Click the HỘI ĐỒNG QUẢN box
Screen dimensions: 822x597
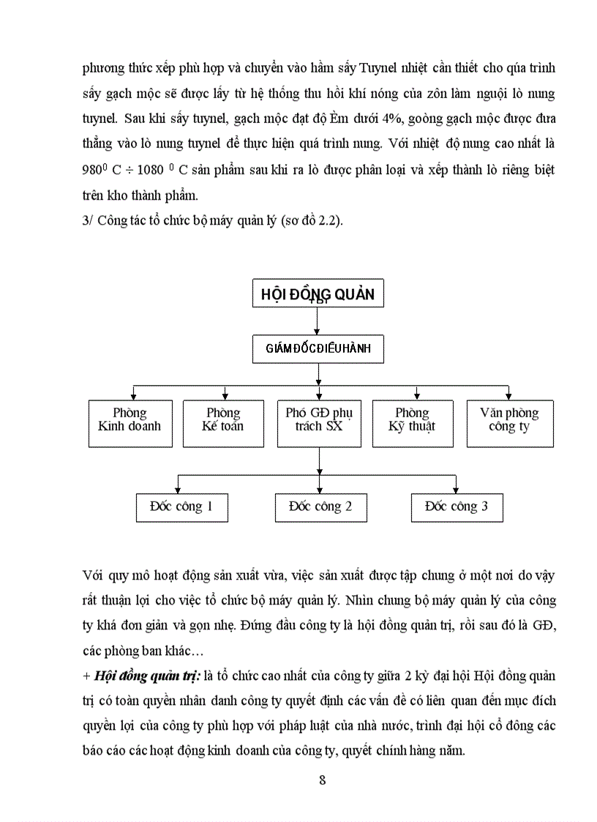[318, 294]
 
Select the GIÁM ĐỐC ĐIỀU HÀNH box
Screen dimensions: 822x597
[318, 348]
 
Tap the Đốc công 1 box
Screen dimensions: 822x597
[181, 507]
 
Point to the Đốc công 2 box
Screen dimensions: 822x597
[320, 507]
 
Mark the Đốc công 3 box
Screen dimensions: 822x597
[457, 507]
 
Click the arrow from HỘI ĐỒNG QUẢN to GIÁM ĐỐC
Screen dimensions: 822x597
[318, 321]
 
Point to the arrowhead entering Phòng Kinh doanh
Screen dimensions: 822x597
[132, 395]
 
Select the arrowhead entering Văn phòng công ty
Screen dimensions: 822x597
[508, 395]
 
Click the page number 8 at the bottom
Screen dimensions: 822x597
[323, 779]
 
